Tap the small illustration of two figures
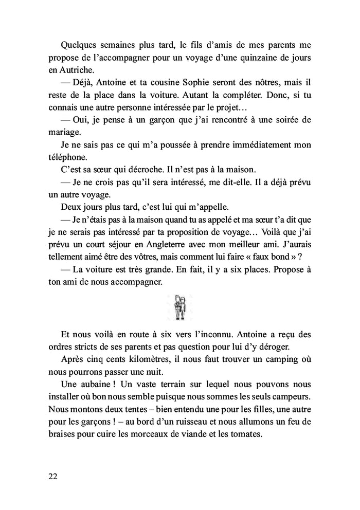tap(179, 307)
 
